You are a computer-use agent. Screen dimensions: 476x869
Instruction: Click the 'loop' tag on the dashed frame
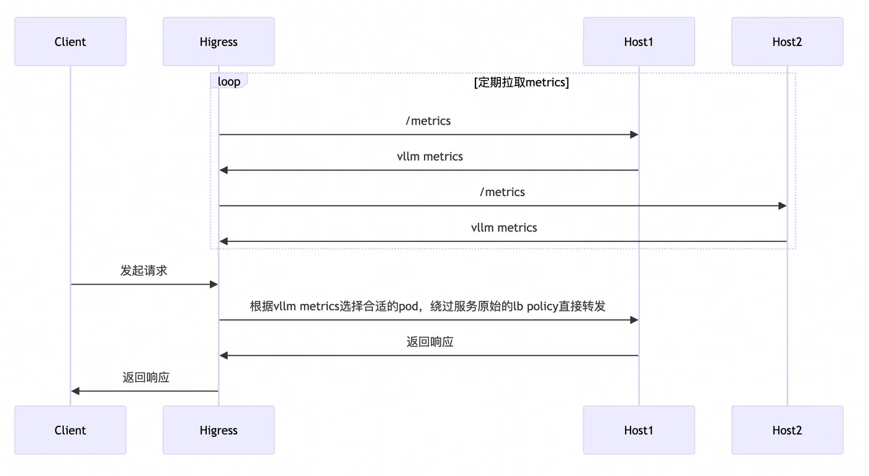(228, 81)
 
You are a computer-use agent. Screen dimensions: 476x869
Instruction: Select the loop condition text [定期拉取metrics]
(521, 82)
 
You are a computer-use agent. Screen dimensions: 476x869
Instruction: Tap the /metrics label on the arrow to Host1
(428, 121)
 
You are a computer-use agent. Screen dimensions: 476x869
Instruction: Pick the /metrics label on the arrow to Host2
(502, 192)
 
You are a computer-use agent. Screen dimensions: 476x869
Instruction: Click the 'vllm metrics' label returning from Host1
(430, 156)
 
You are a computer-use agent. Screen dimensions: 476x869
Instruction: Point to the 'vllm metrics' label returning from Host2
(503, 228)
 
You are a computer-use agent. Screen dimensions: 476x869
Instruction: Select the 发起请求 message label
(144, 271)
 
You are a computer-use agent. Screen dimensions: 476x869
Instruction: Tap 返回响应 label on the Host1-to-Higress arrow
(430, 342)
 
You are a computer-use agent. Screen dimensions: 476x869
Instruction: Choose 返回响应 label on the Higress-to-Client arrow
(146, 377)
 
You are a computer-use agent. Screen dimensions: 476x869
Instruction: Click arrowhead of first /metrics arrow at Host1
(634, 135)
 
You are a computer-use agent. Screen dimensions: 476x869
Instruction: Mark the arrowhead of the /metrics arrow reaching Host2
(783, 206)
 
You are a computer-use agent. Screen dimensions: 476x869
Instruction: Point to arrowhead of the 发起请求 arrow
(214, 284)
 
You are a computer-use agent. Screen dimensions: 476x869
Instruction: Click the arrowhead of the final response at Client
(75, 391)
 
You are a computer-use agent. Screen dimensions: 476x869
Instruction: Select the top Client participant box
(70, 42)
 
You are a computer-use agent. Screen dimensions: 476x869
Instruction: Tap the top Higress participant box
(218, 42)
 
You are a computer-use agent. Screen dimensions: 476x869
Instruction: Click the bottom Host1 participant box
(639, 430)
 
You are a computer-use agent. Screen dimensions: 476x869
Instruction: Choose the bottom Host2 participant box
(787, 430)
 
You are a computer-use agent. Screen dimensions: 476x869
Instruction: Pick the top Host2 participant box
(787, 42)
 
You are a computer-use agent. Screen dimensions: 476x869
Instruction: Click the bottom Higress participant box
(218, 430)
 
